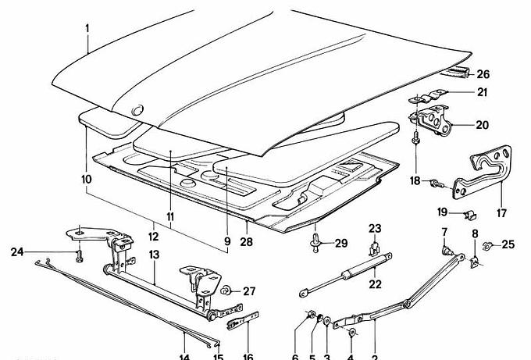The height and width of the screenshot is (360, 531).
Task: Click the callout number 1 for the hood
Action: [x=88, y=28]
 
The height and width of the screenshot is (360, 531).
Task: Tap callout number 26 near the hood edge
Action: [x=483, y=75]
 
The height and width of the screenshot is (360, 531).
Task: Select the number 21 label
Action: [x=482, y=93]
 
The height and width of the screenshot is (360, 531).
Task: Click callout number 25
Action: [x=508, y=245]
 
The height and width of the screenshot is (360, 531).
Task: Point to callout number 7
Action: [x=444, y=233]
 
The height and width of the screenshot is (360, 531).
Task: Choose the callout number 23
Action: [x=375, y=228]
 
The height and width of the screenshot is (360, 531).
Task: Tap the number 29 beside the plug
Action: [x=340, y=244]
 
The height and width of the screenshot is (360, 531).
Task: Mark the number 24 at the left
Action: [x=17, y=251]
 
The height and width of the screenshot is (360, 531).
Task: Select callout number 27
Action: [x=248, y=291]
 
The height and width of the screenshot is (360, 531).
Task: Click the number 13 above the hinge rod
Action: [x=154, y=255]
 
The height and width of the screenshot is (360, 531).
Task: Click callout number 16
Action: [x=248, y=357]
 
